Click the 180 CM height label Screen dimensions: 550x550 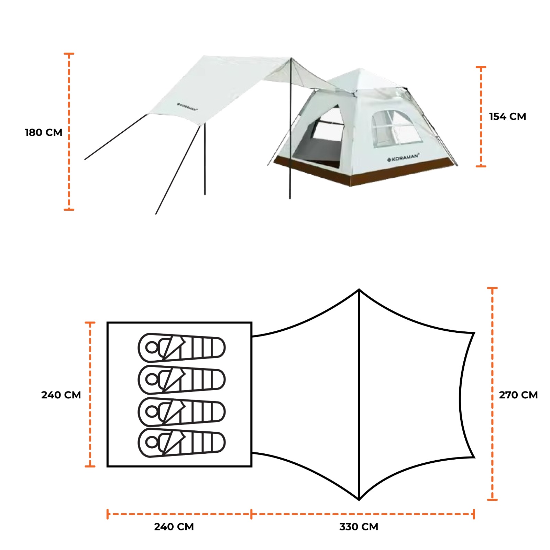pyautogui.click(x=43, y=132)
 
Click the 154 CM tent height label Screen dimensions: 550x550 pyautogui.click(x=507, y=117)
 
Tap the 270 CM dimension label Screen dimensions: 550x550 pyautogui.click(x=518, y=395)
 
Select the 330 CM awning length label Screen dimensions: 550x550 pyautogui.click(x=359, y=527)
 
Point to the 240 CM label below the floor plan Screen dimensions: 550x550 pyautogui.click(x=174, y=527)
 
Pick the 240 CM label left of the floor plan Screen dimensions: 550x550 pyautogui.click(x=61, y=395)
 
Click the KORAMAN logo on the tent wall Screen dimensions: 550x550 pyautogui.click(x=403, y=158)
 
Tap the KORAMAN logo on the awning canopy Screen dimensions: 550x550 pyautogui.click(x=187, y=107)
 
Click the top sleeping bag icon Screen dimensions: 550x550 pyautogui.click(x=181, y=348)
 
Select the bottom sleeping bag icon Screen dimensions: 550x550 pyautogui.click(x=181, y=443)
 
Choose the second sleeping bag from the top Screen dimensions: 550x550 pyautogui.click(x=181, y=379)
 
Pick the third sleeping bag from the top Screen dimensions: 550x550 pyautogui.click(x=181, y=411)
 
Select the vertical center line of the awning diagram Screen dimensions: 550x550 pyautogui.click(x=359, y=395)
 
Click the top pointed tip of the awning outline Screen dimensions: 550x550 pyautogui.click(x=359, y=290)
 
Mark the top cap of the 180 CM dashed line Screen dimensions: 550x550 pyautogui.click(x=69, y=54)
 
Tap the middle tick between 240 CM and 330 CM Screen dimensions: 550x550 pyautogui.click(x=251, y=514)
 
